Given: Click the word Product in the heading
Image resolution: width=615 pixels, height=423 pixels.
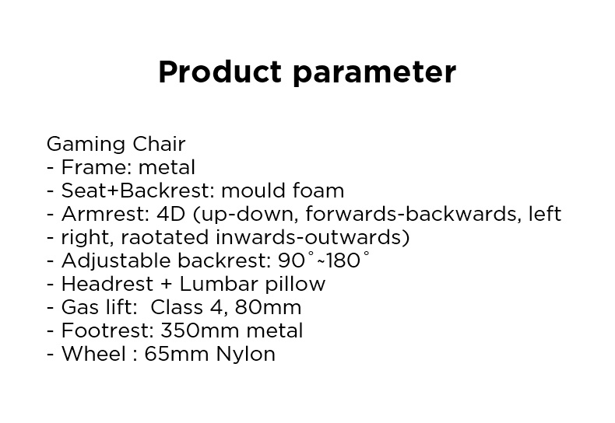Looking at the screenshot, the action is point(220,72).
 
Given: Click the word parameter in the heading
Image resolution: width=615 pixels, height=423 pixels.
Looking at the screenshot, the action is point(374,74).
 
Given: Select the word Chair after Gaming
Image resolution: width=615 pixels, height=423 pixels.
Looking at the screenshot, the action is point(159,144).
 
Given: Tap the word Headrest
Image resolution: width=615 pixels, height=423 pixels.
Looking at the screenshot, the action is point(107,284).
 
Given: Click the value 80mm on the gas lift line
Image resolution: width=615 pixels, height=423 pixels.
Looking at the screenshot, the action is point(268,307).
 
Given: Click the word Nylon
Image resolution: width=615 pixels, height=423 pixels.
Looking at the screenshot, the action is point(245,355).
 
